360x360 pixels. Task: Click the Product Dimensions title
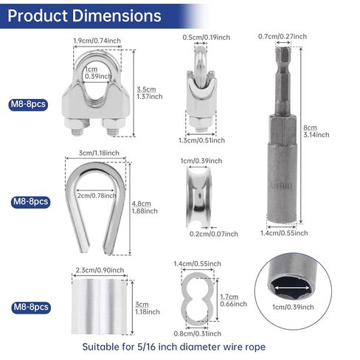[84, 15]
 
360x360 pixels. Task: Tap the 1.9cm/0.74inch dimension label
[97, 41]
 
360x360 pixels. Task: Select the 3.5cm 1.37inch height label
[150, 93]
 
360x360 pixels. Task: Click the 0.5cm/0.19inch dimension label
[207, 38]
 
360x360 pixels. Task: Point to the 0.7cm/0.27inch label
[283, 36]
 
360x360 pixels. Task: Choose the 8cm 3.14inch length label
[316, 131]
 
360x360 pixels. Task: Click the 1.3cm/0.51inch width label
[201, 140]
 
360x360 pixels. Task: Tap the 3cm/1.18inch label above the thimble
[99, 153]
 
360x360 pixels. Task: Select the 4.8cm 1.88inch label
[145, 207]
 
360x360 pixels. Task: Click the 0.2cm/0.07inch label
[214, 234]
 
